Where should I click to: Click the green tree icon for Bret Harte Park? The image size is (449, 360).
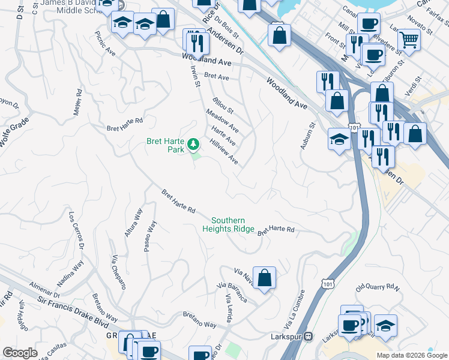tap(193, 144)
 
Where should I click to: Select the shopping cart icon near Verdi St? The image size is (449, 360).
tap(409, 40)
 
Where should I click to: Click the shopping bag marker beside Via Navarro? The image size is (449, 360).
tap(264, 278)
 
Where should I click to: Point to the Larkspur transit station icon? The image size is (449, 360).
tap(308, 336)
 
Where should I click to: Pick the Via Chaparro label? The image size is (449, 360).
tap(118, 272)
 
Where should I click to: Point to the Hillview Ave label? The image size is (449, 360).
tap(224, 152)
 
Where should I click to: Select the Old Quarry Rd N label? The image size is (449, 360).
tap(377, 288)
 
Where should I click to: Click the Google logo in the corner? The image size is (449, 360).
tap(20, 353)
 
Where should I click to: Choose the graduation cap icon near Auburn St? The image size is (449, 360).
tap(339, 140)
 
